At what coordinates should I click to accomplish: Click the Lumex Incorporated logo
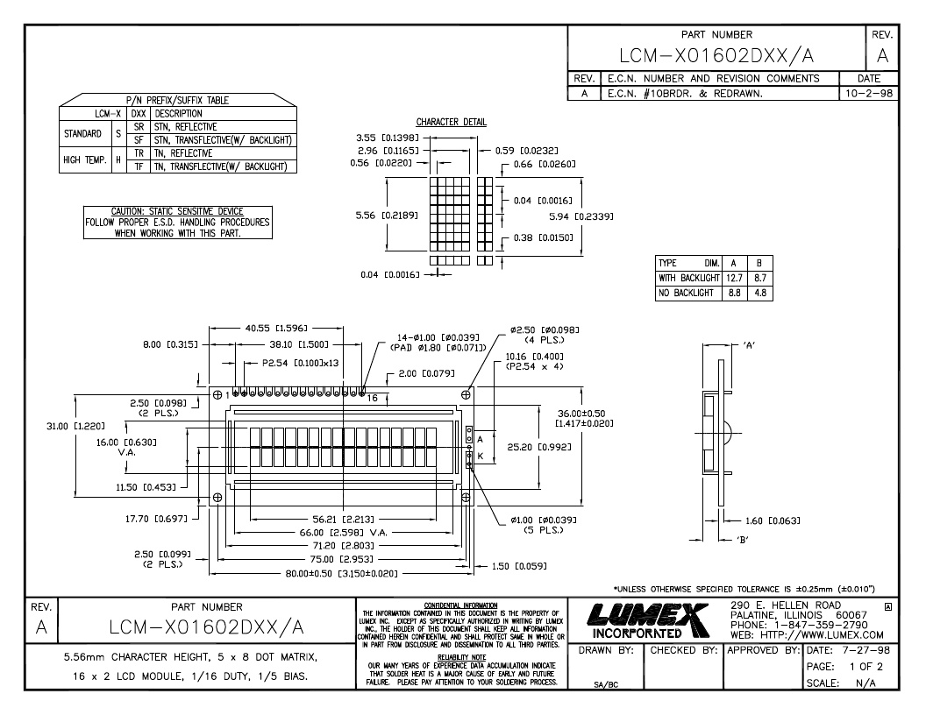(x=648, y=621)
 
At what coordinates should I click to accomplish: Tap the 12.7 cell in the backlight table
(x=734, y=278)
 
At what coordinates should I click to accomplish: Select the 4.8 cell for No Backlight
(x=760, y=293)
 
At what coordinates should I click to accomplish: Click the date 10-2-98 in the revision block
(x=869, y=93)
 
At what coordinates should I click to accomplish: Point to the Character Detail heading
(x=452, y=122)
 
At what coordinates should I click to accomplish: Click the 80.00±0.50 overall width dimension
(x=341, y=573)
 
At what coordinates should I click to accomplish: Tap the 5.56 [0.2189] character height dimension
(x=386, y=216)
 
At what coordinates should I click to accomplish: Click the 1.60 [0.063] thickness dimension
(x=773, y=520)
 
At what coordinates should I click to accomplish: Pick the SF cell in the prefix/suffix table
(x=139, y=140)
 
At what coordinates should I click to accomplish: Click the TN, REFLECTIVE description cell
(x=182, y=153)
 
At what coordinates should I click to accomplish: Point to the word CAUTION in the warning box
(x=127, y=211)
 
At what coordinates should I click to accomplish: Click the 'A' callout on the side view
(x=749, y=345)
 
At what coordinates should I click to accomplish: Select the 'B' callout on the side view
(x=742, y=540)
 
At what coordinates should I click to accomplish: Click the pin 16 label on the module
(x=372, y=398)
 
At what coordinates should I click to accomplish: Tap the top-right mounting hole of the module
(x=466, y=394)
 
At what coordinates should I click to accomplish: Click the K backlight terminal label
(x=481, y=456)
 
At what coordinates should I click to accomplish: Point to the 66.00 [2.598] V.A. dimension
(x=343, y=533)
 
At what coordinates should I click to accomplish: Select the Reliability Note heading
(x=461, y=657)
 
